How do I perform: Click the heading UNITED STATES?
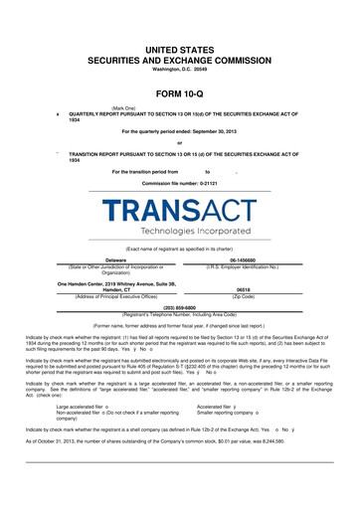(180, 48)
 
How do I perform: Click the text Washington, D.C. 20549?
(180, 69)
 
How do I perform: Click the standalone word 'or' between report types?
(180, 142)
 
